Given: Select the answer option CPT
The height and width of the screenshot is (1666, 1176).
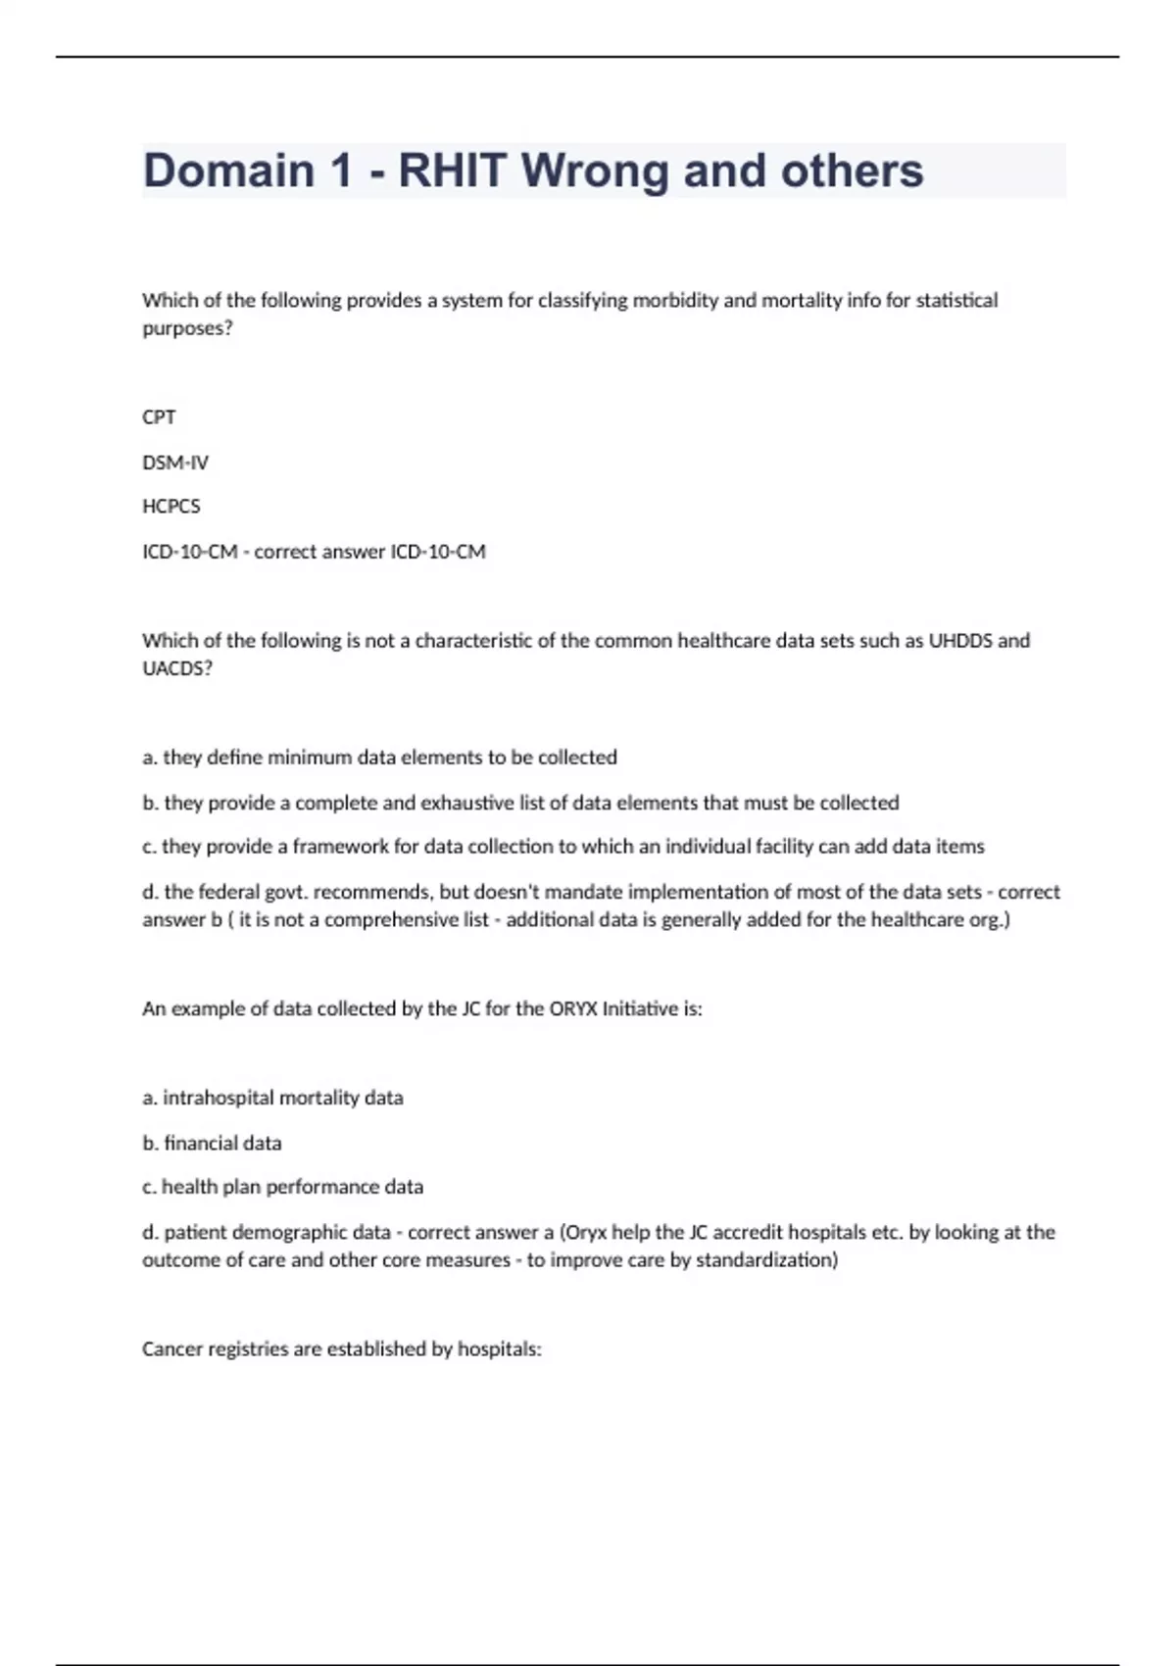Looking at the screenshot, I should (159, 417).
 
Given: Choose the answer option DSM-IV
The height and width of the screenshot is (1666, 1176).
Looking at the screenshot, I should (175, 463).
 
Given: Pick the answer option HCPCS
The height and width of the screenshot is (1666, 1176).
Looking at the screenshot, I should (171, 507).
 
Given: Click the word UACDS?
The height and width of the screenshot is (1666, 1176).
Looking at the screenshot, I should (177, 668).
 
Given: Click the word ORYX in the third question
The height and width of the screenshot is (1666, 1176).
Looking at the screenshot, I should (572, 1008).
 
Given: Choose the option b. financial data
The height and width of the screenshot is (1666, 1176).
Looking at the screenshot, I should (212, 1143).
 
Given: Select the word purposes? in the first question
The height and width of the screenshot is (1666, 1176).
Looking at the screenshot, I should (187, 328).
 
